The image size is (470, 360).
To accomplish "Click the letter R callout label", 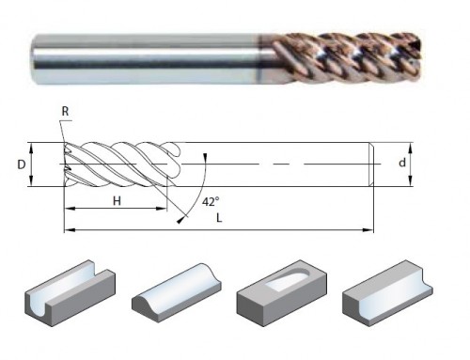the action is click(65, 111).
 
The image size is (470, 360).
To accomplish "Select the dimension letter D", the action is click(21, 164).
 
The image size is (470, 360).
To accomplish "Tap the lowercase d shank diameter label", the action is click(402, 163).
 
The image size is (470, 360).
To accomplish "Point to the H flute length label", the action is click(117, 201).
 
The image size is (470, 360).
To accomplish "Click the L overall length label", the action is click(219, 218).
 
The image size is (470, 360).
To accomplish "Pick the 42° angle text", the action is click(211, 202).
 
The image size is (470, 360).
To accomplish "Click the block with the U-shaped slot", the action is click(70, 292).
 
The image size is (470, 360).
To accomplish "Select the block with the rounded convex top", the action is click(177, 292).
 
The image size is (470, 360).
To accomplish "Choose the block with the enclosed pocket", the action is click(282, 292).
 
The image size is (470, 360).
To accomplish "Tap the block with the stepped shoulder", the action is click(387, 292).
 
